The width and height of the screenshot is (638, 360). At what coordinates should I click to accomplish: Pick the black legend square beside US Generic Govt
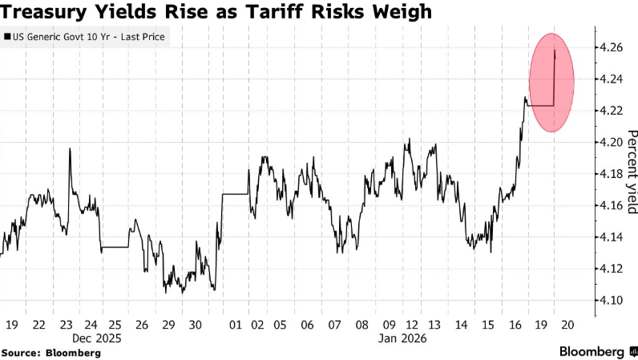click(8, 37)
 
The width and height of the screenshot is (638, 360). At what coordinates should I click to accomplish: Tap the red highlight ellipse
click(551, 83)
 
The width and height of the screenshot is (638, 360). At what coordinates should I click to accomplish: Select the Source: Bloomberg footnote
click(50, 353)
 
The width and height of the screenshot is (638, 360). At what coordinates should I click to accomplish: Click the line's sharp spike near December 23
click(70, 149)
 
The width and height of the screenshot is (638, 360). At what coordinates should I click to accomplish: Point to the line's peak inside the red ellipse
click(555, 51)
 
